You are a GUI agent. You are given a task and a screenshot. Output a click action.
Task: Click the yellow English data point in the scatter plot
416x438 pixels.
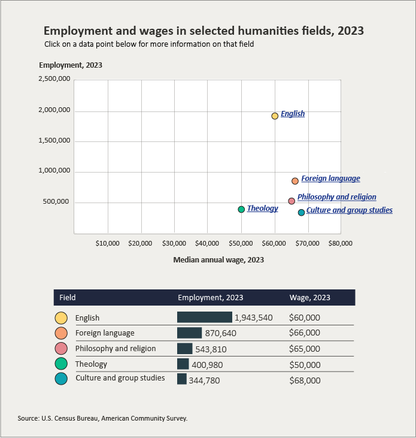click(x=275, y=116)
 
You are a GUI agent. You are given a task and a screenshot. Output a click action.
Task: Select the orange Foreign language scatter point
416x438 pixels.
click(x=295, y=181)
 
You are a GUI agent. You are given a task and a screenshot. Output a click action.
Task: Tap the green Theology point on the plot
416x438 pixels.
click(x=241, y=209)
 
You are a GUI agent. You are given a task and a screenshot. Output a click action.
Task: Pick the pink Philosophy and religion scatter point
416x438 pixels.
click(x=291, y=201)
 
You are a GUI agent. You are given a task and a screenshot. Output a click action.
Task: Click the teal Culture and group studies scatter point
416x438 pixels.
click(x=301, y=213)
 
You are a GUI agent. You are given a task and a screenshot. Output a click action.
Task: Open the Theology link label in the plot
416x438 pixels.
click(x=262, y=209)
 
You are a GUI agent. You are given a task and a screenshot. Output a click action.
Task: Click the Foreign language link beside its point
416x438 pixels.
click(x=330, y=179)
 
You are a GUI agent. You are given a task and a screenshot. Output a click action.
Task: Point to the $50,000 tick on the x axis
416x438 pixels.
click(x=241, y=243)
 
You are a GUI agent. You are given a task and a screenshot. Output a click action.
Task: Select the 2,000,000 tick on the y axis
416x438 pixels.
click(x=54, y=110)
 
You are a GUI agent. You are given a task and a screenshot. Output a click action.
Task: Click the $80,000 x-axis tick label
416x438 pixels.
click(x=340, y=243)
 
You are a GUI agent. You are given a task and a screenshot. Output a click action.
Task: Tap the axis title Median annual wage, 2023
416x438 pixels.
click(x=218, y=260)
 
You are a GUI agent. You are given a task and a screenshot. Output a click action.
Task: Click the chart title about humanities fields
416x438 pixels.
click(x=204, y=31)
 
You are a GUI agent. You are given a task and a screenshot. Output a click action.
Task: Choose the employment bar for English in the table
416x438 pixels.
click(x=204, y=318)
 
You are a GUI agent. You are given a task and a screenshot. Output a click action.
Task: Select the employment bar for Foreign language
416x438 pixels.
click(x=189, y=333)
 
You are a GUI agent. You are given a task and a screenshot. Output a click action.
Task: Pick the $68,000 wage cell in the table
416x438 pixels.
click(x=305, y=380)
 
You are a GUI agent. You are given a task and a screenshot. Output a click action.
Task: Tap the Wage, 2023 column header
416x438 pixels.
click(x=309, y=297)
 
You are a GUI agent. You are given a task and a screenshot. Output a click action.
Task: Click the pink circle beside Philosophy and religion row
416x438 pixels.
click(x=61, y=349)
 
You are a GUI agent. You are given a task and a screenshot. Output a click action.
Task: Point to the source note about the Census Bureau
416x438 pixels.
click(x=103, y=418)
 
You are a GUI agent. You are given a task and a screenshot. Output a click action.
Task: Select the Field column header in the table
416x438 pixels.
click(x=67, y=297)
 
